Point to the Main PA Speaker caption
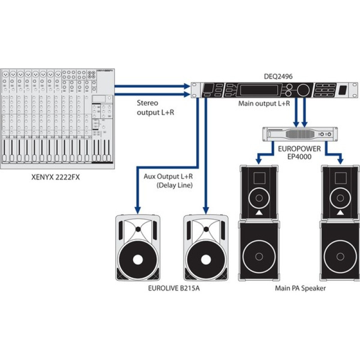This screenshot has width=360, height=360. point(300,288)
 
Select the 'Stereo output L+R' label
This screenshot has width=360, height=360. point(155,108)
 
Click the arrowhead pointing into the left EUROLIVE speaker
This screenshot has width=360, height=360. point(138,209)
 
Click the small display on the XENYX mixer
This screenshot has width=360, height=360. point(99,99)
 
